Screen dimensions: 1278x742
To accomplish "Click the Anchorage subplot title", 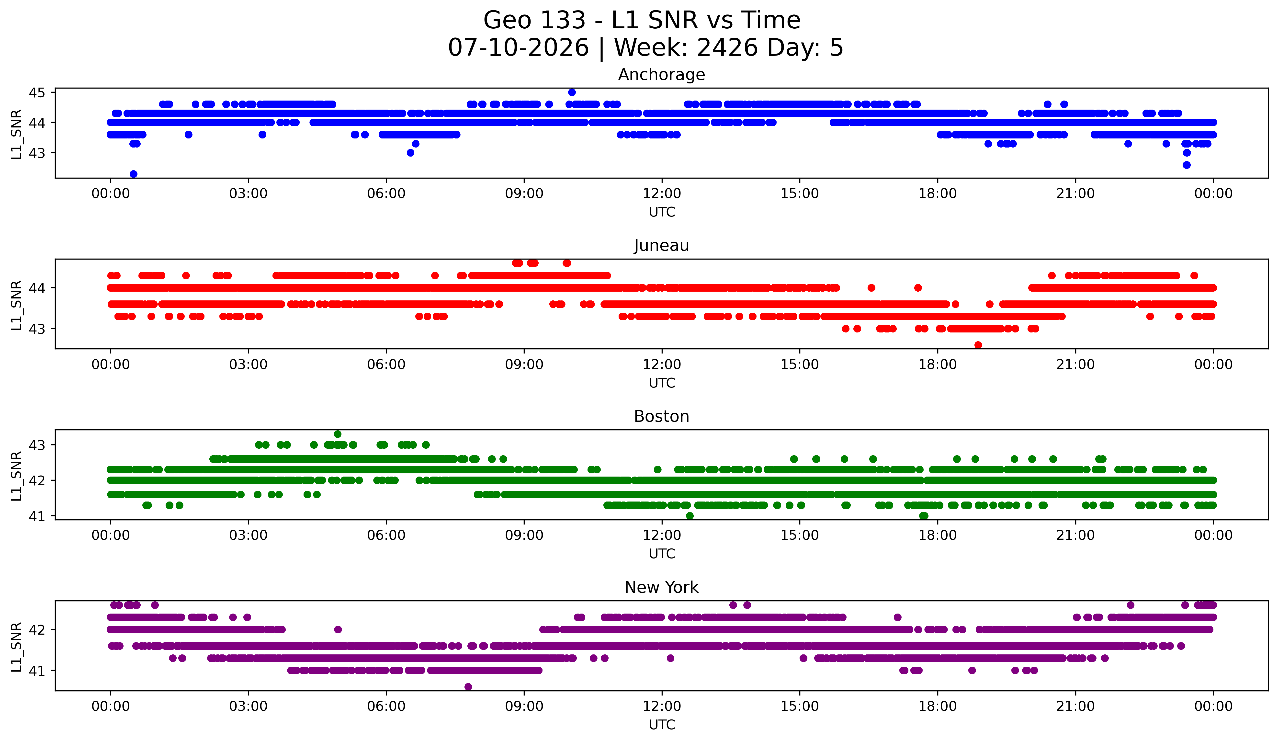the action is tap(661, 75).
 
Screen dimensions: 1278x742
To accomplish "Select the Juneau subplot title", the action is tap(661, 245).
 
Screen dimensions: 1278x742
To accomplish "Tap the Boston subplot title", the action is tap(661, 416).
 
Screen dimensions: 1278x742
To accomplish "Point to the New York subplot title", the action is tap(661, 587).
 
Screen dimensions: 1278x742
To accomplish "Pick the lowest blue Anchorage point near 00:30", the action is tap(133, 174).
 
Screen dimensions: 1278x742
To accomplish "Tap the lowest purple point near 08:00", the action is tap(468, 687).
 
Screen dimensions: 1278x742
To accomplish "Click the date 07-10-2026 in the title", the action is tap(518, 48).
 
